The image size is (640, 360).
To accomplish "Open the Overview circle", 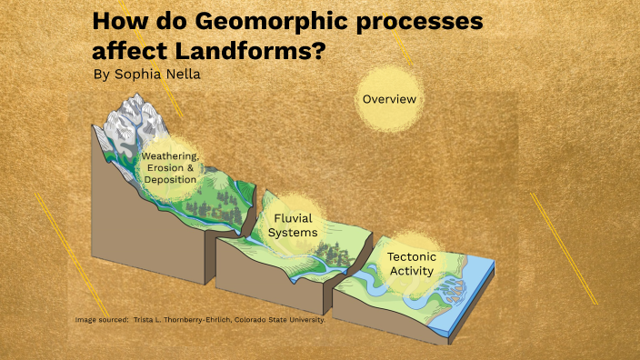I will (x=389, y=98).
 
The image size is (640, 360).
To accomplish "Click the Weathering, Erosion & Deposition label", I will (x=170, y=168).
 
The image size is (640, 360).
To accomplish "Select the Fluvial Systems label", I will (x=293, y=225).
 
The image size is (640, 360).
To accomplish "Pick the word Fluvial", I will (x=293, y=218).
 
